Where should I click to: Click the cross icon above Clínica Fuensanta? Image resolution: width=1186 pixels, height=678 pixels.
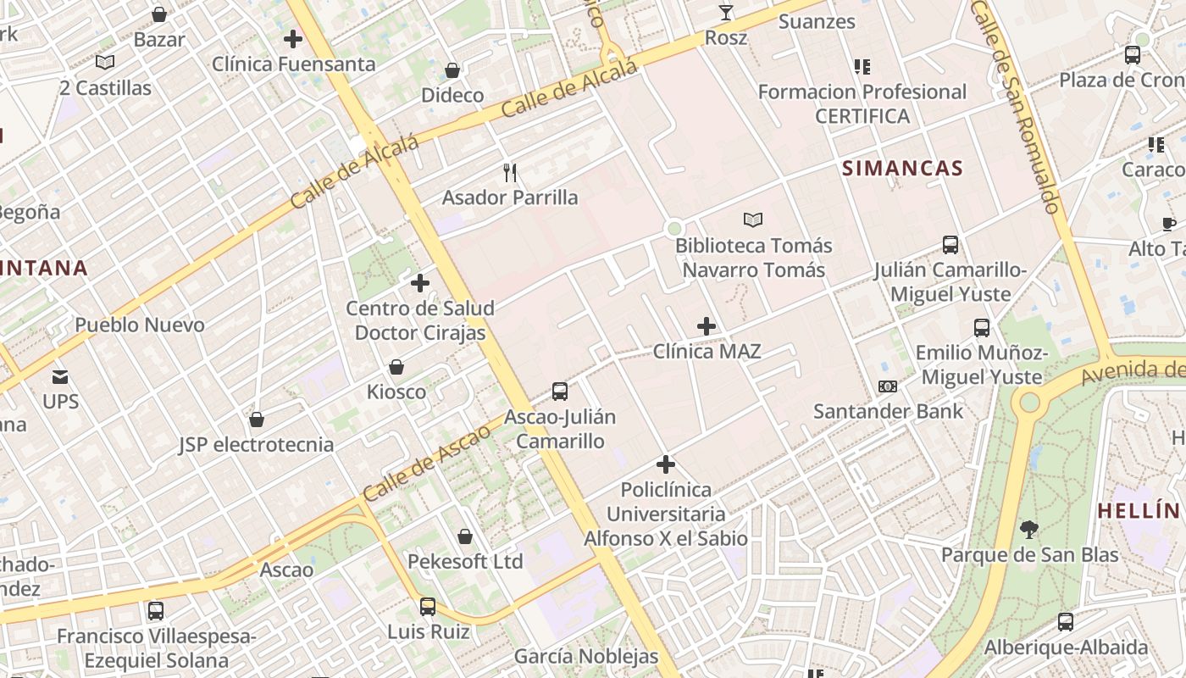pyautogui.click(x=293, y=39)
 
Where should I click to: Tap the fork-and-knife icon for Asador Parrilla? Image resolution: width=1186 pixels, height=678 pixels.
pyautogui.click(x=510, y=173)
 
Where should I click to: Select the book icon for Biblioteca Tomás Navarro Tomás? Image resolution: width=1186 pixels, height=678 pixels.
pyautogui.click(x=753, y=220)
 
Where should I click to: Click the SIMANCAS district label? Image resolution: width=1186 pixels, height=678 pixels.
pyautogui.click(x=902, y=168)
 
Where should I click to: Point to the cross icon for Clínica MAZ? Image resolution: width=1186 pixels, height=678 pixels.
pyautogui.click(x=707, y=325)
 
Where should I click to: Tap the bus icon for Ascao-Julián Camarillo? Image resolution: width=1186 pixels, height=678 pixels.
pyautogui.click(x=559, y=392)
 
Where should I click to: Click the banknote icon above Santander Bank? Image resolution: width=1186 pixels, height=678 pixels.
pyautogui.click(x=888, y=386)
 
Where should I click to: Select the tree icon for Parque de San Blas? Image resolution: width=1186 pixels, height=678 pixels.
pyautogui.click(x=1029, y=531)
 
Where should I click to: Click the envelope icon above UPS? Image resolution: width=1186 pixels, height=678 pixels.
pyautogui.click(x=60, y=376)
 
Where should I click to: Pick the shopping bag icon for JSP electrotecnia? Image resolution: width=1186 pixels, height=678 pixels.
pyautogui.click(x=257, y=420)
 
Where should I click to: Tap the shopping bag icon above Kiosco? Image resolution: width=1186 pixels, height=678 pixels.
pyautogui.click(x=396, y=367)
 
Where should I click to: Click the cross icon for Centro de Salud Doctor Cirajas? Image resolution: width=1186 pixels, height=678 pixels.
pyautogui.click(x=420, y=283)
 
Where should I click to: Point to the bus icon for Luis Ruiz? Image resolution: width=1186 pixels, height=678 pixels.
pyautogui.click(x=428, y=607)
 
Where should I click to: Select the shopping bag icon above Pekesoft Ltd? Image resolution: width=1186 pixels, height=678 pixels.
pyautogui.click(x=465, y=536)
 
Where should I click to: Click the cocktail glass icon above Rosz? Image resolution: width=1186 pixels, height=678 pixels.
pyautogui.click(x=726, y=13)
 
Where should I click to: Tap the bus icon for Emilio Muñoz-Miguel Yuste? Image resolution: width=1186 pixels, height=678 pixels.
pyautogui.click(x=982, y=328)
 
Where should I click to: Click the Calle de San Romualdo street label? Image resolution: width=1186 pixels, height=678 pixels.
pyautogui.click(x=1017, y=106)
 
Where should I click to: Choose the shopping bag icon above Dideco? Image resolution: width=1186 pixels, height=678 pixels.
pyautogui.click(x=452, y=69)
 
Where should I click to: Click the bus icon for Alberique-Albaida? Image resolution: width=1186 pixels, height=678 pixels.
pyautogui.click(x=1066, y=622)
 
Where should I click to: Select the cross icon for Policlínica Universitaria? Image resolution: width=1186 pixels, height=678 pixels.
pyautogui.click(x=666, y=464)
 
